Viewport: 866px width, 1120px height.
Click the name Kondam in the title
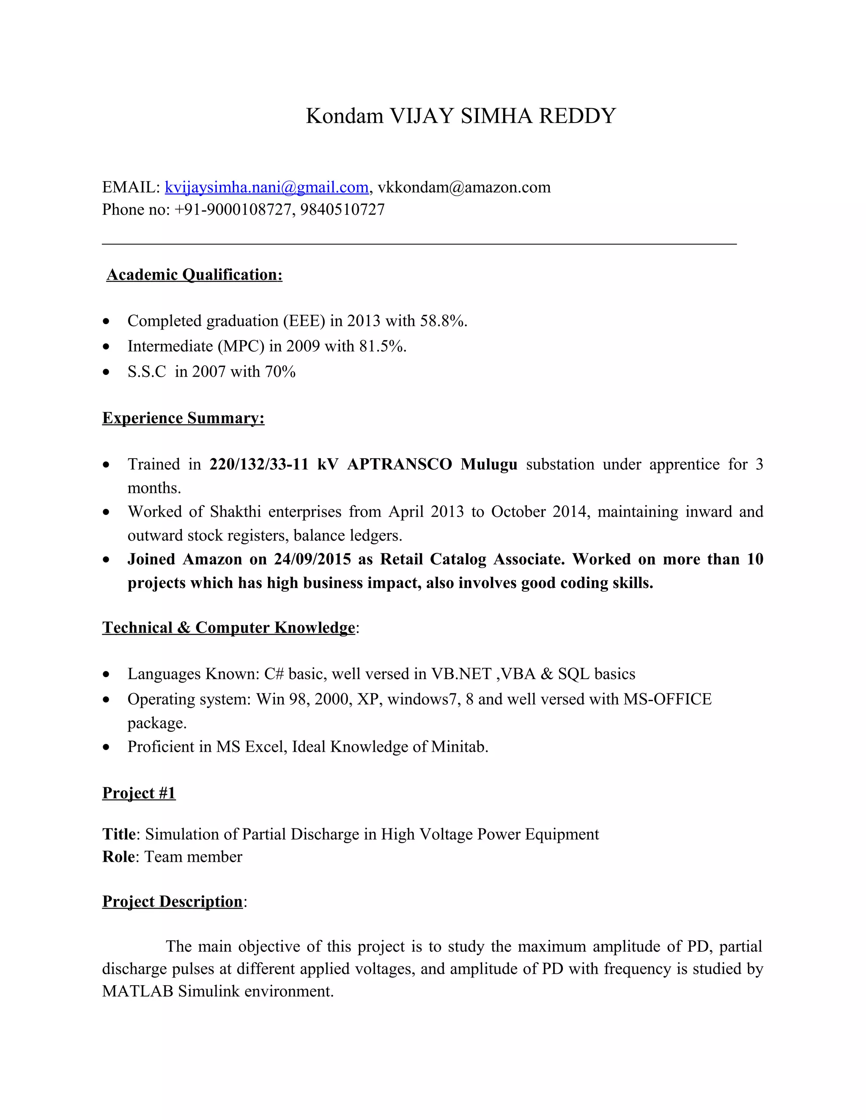(344, 116)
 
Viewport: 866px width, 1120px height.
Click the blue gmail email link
(266, 187)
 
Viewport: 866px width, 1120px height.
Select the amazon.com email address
(464, 187)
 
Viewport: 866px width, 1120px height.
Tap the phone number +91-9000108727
(233, 210)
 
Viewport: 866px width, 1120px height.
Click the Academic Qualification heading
(194, 275)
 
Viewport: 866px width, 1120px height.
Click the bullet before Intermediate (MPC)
(106, 347)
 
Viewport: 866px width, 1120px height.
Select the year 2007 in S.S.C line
(209, 372)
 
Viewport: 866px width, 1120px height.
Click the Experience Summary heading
(183, 418)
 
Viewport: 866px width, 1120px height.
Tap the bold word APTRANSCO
(400, 464)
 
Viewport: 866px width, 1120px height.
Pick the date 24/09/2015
(312, 559)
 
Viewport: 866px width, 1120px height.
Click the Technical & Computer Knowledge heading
(228, 628)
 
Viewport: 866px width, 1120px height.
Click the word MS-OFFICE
(667, 699)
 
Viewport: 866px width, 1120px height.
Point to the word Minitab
(459, 747)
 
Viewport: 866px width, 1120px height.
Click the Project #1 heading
(139, 793)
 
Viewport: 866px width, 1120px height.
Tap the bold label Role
(118, 857)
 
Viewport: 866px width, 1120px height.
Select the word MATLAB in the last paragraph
(137, 991)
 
